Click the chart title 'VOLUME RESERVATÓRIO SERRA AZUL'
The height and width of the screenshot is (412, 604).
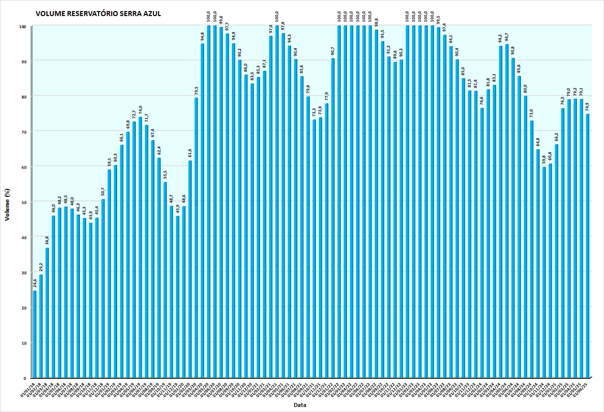click(99, 14)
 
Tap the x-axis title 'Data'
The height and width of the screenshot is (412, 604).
click(300, 405)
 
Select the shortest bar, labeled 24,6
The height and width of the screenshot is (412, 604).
click(35, 334)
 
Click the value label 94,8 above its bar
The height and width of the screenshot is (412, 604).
click(202, 37)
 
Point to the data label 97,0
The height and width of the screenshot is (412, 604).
click(271, 29)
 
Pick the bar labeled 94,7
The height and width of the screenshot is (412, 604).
click(507, 211)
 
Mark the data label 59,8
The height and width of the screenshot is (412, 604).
click(544, 160)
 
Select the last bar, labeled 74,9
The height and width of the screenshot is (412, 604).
click(587, 246)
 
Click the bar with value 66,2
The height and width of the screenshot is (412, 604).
click(557, 261)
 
